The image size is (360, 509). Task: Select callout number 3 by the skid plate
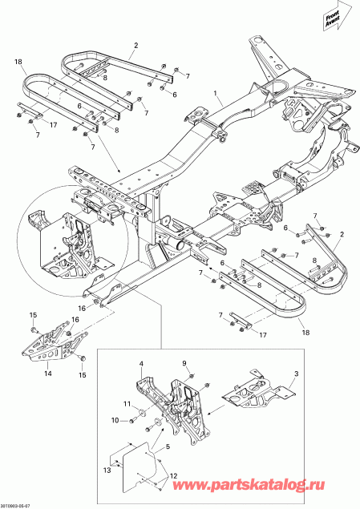point(296,374)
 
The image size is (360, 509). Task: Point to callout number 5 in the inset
point(168,446)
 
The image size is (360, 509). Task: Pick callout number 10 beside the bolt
point(114,420)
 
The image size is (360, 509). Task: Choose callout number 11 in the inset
point(126,403)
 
